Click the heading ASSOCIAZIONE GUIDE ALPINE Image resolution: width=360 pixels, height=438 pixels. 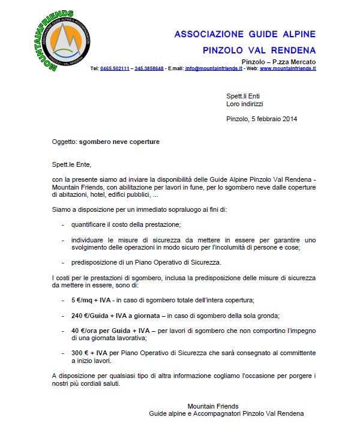coord(245,34)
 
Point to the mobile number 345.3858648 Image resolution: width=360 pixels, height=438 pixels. coord(149,68)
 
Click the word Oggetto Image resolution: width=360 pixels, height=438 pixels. coord(64,142)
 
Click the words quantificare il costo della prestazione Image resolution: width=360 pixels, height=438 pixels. coord(126,224)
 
